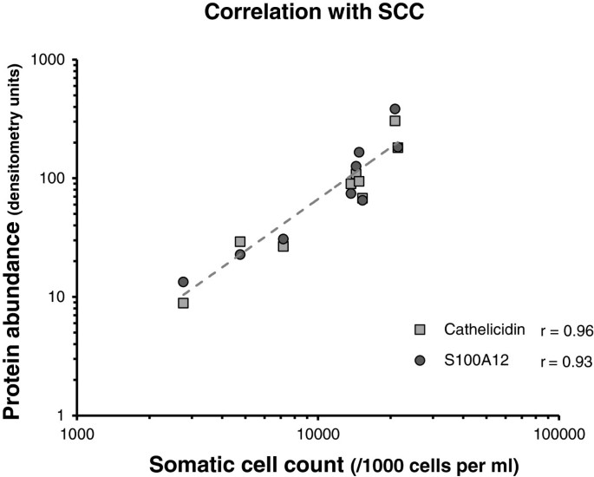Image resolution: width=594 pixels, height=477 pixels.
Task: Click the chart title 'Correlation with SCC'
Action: [x=297, y=14]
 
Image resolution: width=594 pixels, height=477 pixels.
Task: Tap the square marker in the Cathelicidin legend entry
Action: [x=420, y=330]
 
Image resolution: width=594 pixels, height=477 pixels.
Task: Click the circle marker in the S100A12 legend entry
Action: [x=420, y=362]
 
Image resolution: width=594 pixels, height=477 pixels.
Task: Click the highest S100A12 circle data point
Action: [x=395, y=109]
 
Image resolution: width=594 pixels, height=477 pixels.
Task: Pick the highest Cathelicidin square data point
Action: [x=395, y=121]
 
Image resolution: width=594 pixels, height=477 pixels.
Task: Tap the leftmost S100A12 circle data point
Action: [x=183, y=282]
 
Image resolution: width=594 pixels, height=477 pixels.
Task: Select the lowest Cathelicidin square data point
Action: [x=183, y=303]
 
